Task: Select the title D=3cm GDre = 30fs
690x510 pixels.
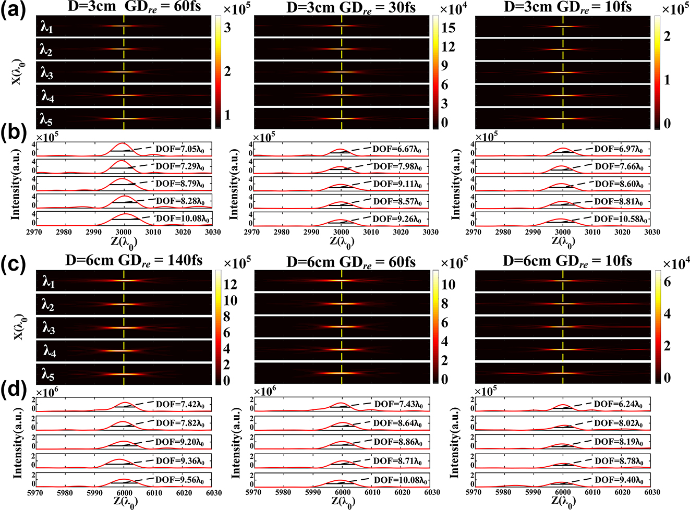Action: (x=351, y=7)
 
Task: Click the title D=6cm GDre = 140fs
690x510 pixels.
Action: (x=134, y=260)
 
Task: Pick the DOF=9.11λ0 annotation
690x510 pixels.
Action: (x=397, y=184)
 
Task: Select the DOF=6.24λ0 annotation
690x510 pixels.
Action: (x=618, y=404)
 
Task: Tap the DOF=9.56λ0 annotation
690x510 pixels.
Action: (x=180, y=480)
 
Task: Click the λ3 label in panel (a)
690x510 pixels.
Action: (x=46, y=73)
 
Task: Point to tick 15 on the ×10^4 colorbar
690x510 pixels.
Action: (x=449, y=28)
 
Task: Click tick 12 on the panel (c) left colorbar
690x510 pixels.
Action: (x=230, y=284)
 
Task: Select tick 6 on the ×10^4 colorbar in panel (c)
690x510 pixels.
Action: (x=667, y=282)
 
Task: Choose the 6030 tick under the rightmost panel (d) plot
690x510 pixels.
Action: (x=652, y=492)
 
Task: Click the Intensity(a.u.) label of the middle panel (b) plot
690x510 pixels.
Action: (x=234, y=184)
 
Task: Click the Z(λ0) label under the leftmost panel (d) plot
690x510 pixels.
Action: (x=124, y=502)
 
